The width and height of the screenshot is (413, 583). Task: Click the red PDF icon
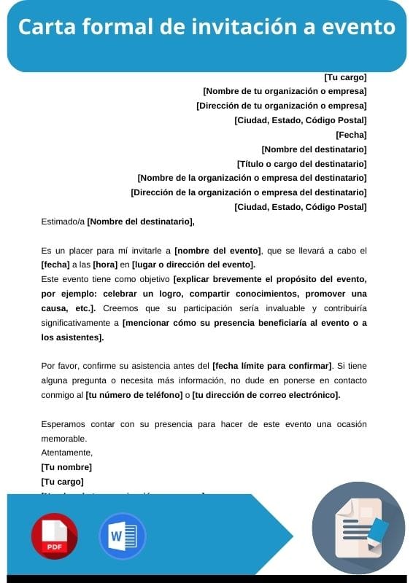coord(54,536)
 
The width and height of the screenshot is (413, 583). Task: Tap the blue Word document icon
coord(122,536)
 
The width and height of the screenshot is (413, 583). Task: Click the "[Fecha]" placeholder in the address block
coord(351,135)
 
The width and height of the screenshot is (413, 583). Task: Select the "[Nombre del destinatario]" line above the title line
coord(314,149)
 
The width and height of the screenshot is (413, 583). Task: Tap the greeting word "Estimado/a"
coord(63,222)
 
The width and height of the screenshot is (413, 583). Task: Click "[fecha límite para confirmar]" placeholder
coord(271,366)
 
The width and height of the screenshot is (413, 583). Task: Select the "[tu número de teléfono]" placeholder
coord(134,395)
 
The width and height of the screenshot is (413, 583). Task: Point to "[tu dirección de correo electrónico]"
coord(266,395)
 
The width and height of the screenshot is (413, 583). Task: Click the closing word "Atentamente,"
coord(66,453)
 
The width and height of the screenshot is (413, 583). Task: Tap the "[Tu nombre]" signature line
coord(66,467)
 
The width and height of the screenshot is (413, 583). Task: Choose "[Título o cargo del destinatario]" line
coord(302,164)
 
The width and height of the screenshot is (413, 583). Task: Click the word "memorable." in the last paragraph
coord(64,439)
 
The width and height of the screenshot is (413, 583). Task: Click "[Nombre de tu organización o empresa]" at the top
coord(285,92)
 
